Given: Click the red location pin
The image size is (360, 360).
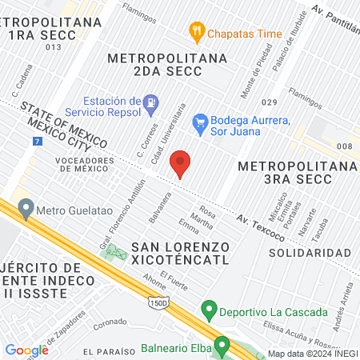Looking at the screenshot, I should pyautogui.click(x=182, y=163).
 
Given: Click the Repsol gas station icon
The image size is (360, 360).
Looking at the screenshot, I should pyautogui.click(x=150, y=104).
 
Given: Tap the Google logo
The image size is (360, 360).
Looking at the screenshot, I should pyautogui.click(x=26, y=350).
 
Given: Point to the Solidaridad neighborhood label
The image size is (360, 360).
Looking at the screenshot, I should pyautogui.click(x=310, y=252).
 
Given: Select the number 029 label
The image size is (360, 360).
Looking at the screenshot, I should pyautogui.click(x=269, y=102).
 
